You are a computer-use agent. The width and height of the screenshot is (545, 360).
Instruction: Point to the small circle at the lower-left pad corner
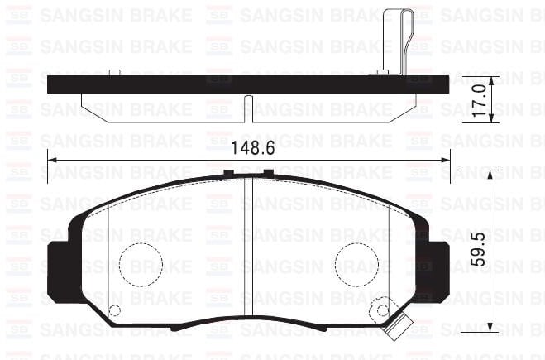pos(115,310)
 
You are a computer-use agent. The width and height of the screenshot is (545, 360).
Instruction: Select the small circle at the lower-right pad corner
pos(380,311)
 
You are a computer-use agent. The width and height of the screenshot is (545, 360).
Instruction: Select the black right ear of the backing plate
pos(437,265)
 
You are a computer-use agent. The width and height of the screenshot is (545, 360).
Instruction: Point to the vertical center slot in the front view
pos(250,248)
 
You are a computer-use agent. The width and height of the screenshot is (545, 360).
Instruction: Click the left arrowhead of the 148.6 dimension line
pos(53,161)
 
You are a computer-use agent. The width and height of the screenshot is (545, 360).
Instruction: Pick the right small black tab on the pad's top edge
pos(268,173)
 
